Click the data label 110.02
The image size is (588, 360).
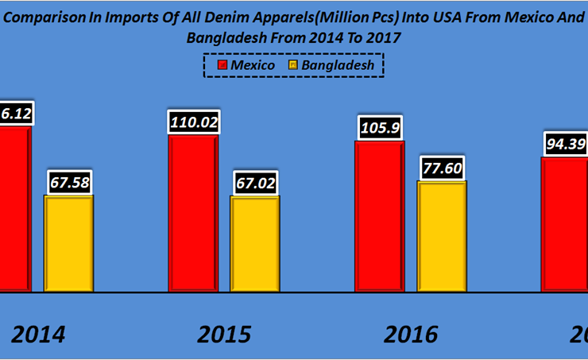point(193,122)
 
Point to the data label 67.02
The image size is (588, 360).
point(255,182)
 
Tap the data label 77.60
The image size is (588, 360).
point(442,168)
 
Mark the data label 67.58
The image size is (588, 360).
point(69,182)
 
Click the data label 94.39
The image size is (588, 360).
point(566,144)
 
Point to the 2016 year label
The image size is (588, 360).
point(410,335)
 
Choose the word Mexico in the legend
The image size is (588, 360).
point(253,65)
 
